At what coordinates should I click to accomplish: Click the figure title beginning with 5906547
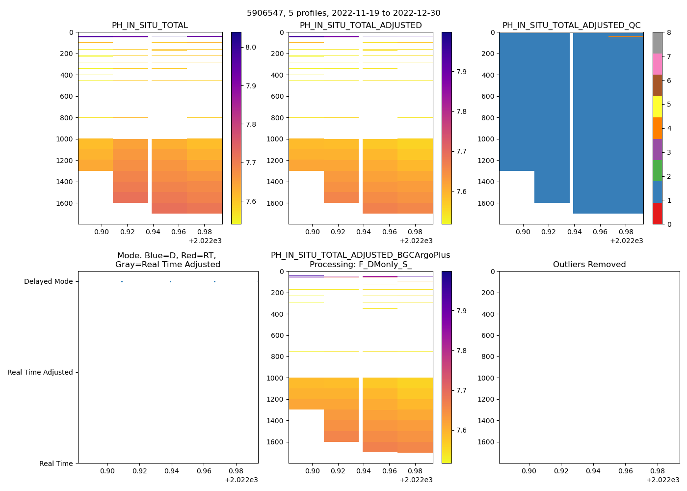(x=343, y=13)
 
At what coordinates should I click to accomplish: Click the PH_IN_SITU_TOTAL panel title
(x=150, y=26)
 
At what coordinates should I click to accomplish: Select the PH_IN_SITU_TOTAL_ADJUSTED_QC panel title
(x=571, y=26)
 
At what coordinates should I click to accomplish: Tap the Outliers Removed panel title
(x=589, y=265)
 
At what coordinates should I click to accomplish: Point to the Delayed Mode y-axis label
(x=48, y=281)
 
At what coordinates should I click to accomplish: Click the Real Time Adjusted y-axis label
(x=40, y=372)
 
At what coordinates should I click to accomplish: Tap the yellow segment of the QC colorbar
(x=658, y=107)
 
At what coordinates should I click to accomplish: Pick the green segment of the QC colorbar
(x=658, y=171)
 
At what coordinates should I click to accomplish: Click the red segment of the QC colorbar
(x=658, y=214)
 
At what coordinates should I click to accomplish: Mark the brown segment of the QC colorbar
(x=658, y=85)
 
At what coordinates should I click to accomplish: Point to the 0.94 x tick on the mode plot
(x=172, y=471)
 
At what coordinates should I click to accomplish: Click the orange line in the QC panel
(x=626, y=37)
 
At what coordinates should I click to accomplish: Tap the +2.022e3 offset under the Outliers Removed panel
(x=662, y=480)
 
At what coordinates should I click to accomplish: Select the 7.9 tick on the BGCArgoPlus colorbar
(x=461, y=311)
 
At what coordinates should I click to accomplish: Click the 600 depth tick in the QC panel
(x=488, y=96)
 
